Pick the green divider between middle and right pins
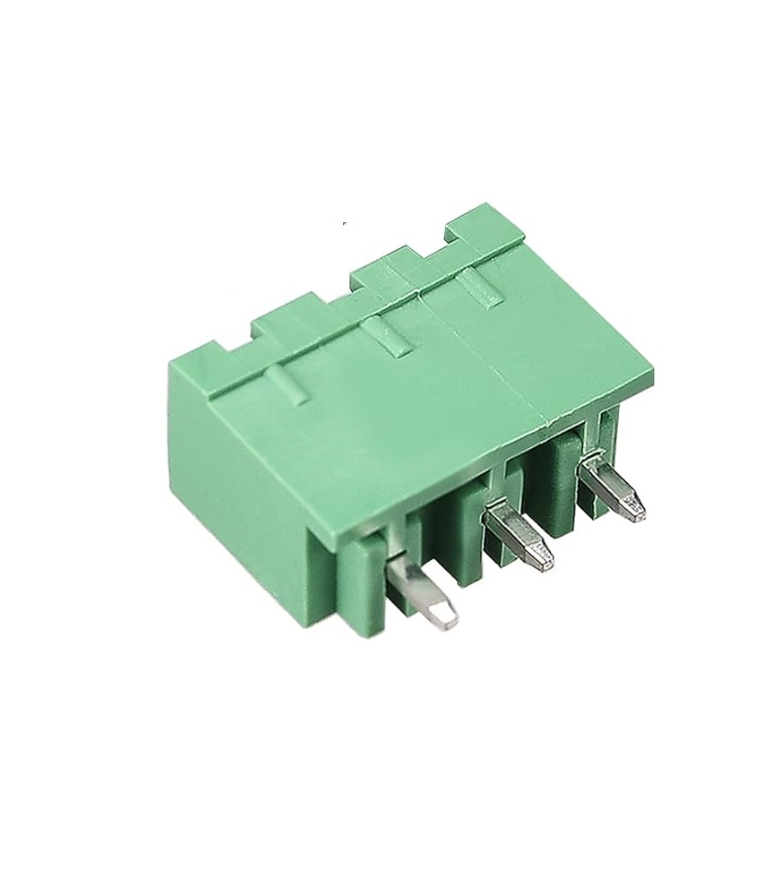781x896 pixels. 560,475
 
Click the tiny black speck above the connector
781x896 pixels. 344,222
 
